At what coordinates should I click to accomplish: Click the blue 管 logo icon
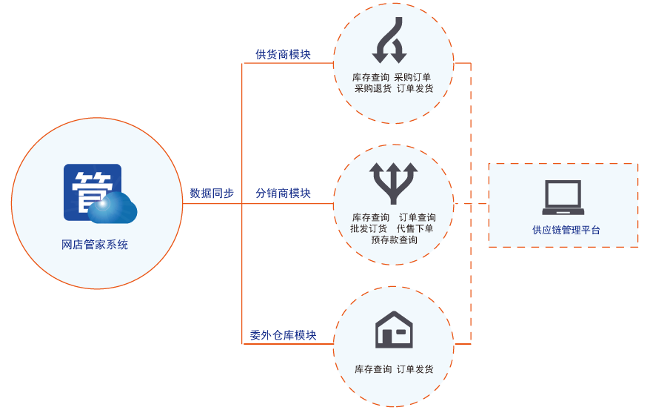tap(100, 194)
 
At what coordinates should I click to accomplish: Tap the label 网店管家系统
tap(95, 245)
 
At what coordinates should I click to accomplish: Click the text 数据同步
tap(212, 194)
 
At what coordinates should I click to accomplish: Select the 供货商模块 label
tap(283, 54)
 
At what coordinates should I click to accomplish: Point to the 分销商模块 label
tap(283, 194)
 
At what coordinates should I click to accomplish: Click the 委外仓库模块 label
tap(283, 335)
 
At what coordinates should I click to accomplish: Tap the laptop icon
tap(563, 197)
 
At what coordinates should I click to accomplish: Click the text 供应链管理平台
tap(566, 231)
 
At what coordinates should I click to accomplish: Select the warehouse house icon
tap(394, 329)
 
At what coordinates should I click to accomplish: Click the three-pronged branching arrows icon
tap(393, 183)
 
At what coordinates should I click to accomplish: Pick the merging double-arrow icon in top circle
tap(389, 40)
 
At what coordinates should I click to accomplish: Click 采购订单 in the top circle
tap(412, 78)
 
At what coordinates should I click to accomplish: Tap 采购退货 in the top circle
tap(373, 89)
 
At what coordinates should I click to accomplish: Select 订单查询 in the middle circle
tap(418, 218)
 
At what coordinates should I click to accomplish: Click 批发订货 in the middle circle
tap(369, 229)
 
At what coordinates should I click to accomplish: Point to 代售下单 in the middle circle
tap(415, 229)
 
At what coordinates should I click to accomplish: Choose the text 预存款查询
tap(395, 240)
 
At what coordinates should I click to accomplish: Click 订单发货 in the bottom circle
tap(415, 370)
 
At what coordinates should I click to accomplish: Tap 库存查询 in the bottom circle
tap(373, 370)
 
